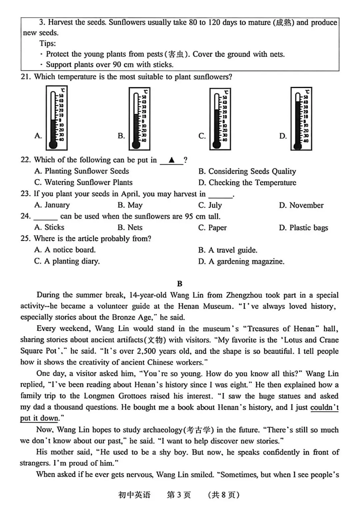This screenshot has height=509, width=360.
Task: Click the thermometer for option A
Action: pos(56,118)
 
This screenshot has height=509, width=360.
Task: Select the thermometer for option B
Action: pos(139,118)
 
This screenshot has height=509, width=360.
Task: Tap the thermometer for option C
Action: pos(220,119)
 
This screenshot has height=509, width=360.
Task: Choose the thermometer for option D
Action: pos(301,119)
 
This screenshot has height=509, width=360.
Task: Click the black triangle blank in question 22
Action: pos(171,160)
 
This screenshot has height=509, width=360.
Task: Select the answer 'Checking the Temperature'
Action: pos(252,183)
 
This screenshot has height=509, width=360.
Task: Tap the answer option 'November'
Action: pos(306,205)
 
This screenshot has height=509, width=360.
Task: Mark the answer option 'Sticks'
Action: pos(54,227)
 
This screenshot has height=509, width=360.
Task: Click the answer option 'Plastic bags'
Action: pos(309,228)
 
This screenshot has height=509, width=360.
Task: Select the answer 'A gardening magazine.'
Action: pos(246,261)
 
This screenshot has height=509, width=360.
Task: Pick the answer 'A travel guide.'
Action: pos(233,250)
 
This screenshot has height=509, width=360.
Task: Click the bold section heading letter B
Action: pos(180,284)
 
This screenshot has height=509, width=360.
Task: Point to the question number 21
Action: pos(26,77)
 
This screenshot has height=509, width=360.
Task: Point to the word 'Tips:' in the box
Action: pos(48,43)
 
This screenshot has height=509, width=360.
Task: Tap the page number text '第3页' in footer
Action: pos(179,495)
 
